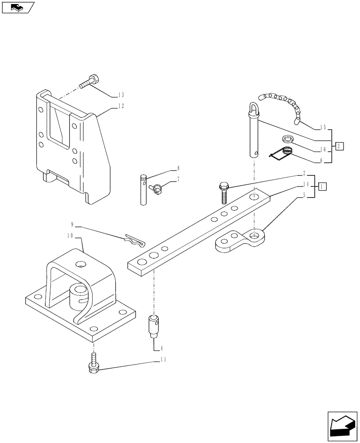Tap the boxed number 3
click(x=339, y=146)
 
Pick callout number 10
click(x=70, y=236)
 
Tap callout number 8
click(x=178, y=168)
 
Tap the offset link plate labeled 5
click(x=240, y=239)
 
